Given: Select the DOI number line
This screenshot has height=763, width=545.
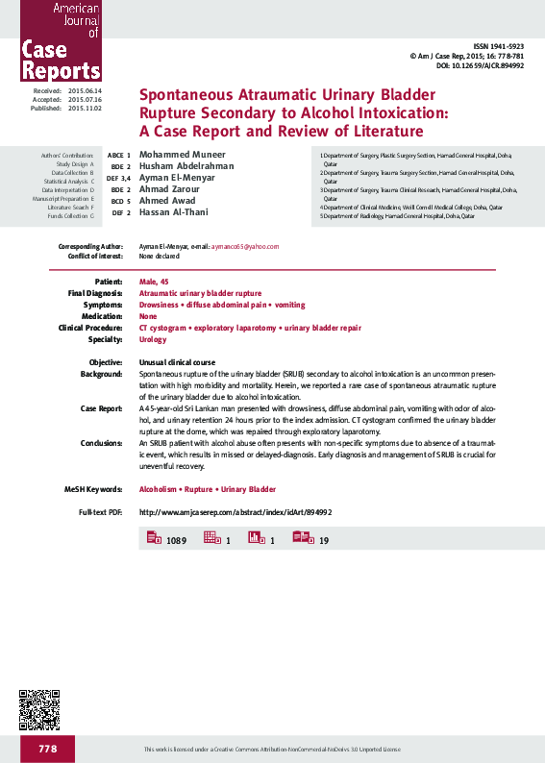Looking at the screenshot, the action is (480, 65).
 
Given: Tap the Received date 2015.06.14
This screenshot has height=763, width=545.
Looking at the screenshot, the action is (85, 90).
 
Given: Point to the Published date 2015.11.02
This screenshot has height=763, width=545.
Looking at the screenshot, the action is (85, 109).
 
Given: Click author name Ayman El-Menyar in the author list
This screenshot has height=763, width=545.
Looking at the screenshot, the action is (178, 179).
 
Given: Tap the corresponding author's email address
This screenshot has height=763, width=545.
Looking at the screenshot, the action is (245, 246).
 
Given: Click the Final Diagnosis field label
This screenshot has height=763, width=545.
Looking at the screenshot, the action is (95, 292).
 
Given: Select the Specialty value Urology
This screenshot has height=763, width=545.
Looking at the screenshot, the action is (153, 339).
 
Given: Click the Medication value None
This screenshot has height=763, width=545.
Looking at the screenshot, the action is (148, 316).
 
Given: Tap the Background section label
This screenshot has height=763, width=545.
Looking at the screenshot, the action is (101, 372).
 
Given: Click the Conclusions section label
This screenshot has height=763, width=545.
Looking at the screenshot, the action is (101, 443).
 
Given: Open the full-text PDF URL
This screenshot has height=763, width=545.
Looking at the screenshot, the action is (235, 512).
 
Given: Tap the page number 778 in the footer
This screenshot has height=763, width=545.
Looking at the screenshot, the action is (49, 749).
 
